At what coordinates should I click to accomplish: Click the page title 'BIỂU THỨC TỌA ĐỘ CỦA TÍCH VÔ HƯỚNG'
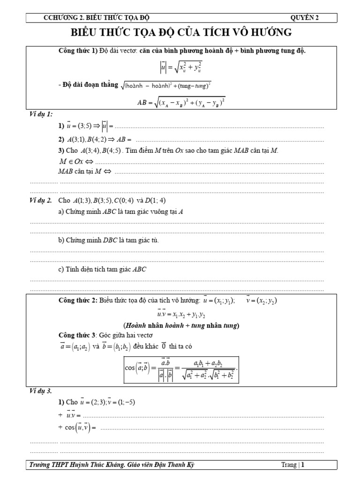click(x=180, y=32)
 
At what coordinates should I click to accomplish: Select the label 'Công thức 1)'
click(x=77, y=51)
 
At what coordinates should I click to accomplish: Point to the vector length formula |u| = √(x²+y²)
click(x=180, y=68)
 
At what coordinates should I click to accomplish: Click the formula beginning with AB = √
click(x=180, y=102)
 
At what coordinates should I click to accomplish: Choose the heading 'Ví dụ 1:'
click(x=42, y=114)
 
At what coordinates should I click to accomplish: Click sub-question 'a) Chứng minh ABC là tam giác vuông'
click(x=120, y=211)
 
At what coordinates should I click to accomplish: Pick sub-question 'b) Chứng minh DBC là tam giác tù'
click(x=113, y=240)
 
